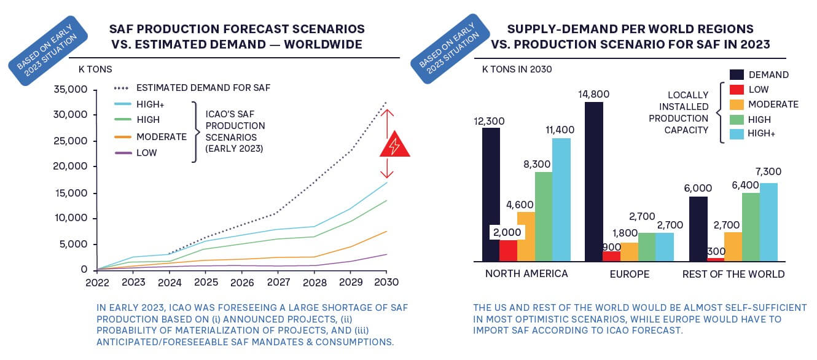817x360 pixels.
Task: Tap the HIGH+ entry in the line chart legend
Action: (x=151, y=104)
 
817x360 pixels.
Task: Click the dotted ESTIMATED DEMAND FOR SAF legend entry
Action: (x=203, y=88)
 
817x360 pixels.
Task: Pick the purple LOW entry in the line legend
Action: (x=146, y=152)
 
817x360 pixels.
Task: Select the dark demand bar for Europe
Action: (x=594, y=182)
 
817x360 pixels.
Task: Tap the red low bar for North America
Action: (x=508, y=251)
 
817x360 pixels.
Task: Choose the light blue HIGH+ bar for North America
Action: (x=561, y=200)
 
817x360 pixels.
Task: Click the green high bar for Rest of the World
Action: (x=751, y=227)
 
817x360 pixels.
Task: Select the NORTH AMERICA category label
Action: (x=526, y=274)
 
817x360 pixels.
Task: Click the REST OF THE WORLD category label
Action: (x=733, y=274)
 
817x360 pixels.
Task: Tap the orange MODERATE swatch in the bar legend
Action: (x=737, y=104)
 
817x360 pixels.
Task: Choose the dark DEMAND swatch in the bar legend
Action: (x=737, y=75)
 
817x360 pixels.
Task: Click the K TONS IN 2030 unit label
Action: (x=517, y=69)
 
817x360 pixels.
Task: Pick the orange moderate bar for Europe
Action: (x=629, y=252)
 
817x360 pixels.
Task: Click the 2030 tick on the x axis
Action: (x=386, y=283)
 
